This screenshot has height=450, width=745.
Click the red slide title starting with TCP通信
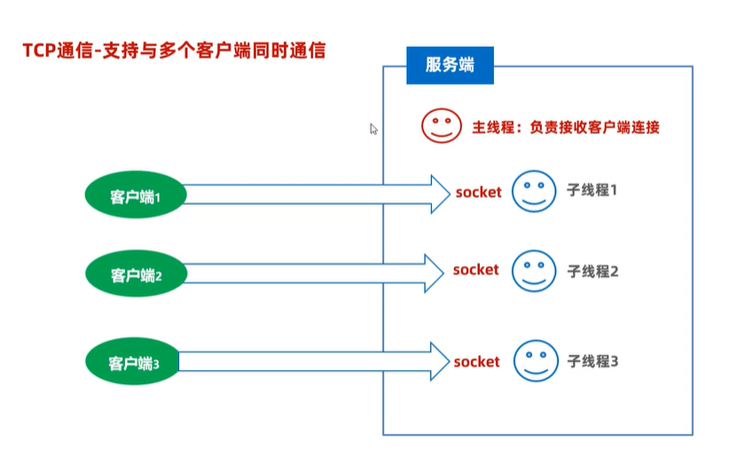point(174,51)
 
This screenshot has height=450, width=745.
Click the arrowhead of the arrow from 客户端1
point(439,193)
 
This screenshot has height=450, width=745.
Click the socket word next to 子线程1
point(478,192)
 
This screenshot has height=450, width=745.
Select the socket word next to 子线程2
point(476,269)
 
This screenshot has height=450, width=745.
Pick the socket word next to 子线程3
point(477,361)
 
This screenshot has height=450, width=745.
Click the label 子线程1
point(591,190)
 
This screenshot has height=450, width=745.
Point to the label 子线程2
point(592,270)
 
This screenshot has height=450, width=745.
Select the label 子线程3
point(592,361)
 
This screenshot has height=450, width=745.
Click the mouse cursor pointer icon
point(374,129)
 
